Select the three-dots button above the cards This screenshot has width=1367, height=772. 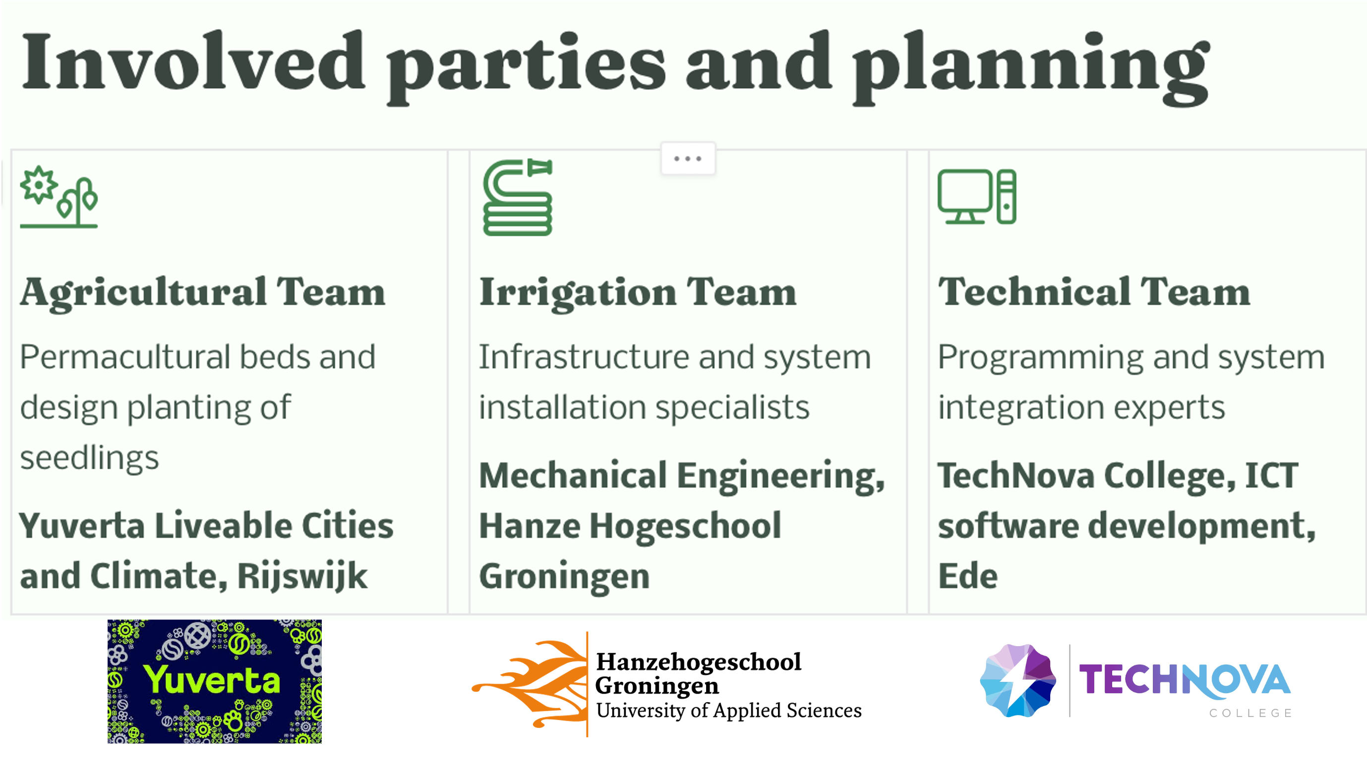688,159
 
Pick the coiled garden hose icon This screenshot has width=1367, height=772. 518,197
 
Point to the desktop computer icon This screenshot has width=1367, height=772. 976,197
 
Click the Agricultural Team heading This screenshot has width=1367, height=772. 202,293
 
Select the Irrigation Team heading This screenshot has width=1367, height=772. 638,293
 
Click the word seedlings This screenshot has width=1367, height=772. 89,458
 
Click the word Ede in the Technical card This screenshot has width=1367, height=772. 968,576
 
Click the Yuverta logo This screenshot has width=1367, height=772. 214,681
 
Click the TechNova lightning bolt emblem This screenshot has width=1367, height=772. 1018,681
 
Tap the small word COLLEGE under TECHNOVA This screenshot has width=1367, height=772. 1250,714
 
